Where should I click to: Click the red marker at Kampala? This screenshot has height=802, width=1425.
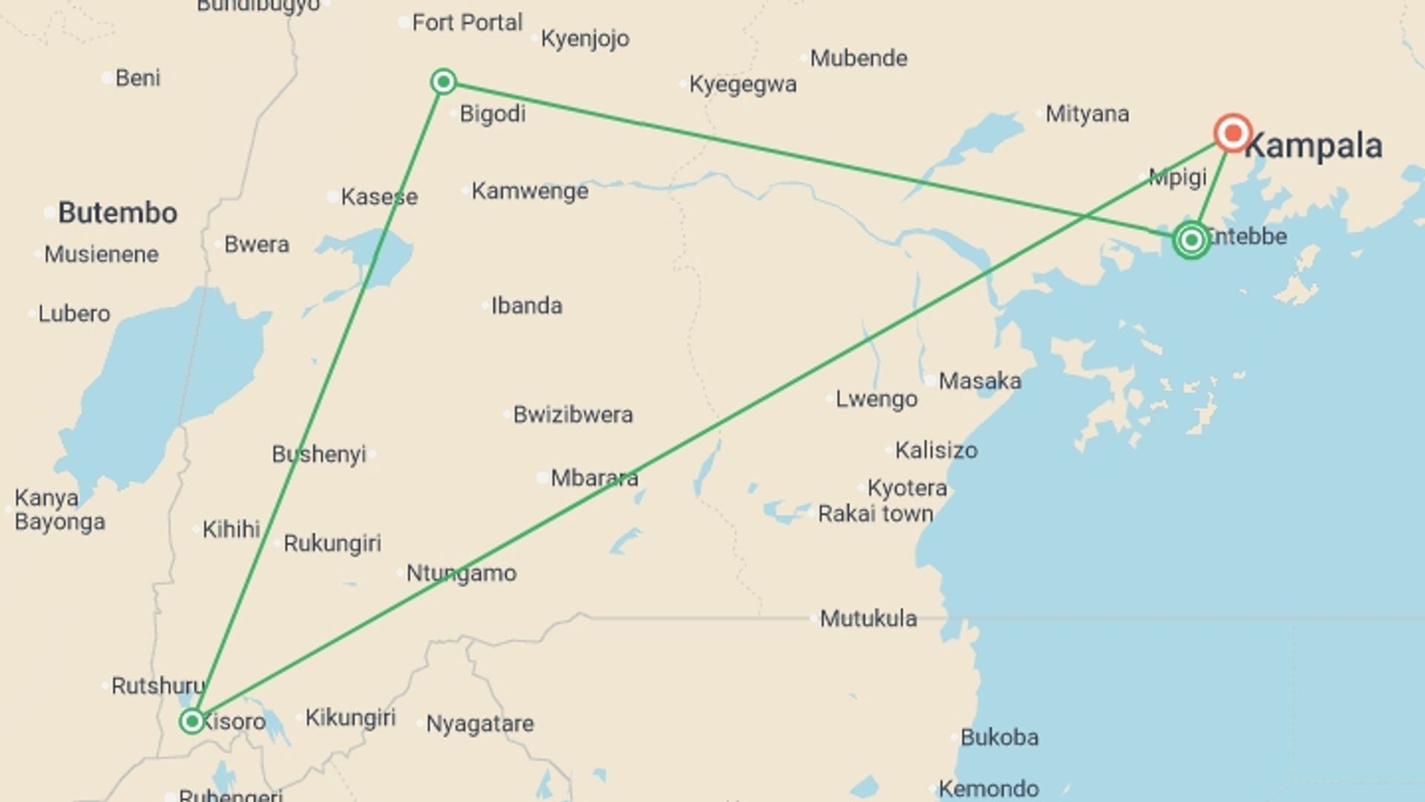[1233, 134]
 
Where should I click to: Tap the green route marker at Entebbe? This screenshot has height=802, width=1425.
[1191, 240]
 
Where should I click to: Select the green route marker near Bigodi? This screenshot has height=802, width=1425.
[443, 81]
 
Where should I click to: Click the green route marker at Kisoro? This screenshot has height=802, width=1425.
[192, 721]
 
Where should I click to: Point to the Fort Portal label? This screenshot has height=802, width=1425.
[467, 23]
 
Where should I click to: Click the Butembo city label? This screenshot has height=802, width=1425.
[117, 213]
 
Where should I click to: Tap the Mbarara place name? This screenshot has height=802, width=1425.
[594, 478]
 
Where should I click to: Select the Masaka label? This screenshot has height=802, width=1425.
[980, 381]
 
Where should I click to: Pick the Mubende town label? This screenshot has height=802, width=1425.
[858, 59]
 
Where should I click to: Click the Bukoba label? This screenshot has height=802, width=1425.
[999, 737]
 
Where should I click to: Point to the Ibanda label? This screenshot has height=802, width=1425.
[526, 306]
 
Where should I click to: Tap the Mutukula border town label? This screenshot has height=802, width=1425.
[868, 619]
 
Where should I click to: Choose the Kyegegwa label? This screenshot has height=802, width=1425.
[742, 85]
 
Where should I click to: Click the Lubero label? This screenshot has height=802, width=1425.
[73, 314]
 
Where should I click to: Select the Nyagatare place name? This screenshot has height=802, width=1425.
[479, 724]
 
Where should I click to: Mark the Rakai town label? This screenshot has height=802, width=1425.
[875, 514]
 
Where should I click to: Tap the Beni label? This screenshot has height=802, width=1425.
[137, 78]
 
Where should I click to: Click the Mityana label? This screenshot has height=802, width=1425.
[1087, 114]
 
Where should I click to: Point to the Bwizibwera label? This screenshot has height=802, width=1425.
[573, 414]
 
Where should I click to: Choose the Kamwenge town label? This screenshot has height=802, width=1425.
[529, 192]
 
